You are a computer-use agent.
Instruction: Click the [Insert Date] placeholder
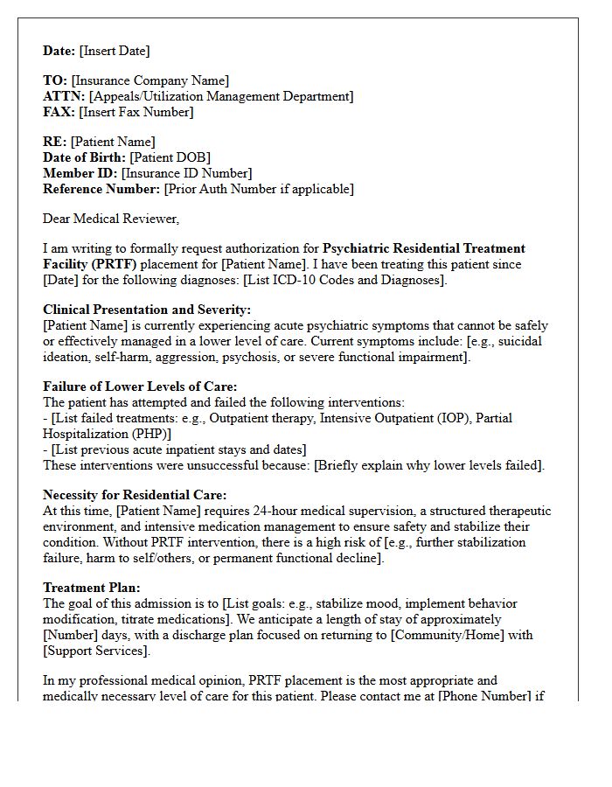(115, 51)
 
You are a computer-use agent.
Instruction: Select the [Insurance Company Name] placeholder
(150, 81)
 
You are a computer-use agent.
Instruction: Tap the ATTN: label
(64, 97)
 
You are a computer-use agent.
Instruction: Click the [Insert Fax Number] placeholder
(136, 112)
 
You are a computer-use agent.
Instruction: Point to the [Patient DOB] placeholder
(170, 157)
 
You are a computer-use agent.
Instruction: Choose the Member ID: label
(80, 173)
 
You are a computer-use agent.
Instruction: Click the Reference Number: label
(101, 189)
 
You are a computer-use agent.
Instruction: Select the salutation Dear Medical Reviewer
(111, 219)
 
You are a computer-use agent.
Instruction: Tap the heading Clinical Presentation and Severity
(147, 310)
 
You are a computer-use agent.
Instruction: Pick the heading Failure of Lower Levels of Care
(140, 387)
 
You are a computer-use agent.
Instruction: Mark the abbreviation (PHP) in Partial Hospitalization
(152, 434)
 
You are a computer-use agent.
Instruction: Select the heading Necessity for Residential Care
(135, 495)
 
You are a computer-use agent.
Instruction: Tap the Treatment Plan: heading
(92, 588)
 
